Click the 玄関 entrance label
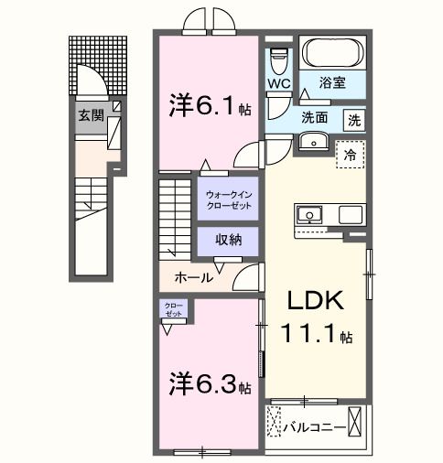(x=90, y=115)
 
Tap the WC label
(x=279, y=83)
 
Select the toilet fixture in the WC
(x=280, y=59)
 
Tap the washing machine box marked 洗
(x=354, y=119)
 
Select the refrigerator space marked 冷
(x=350, y=156)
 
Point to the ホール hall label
(x=194, y=276)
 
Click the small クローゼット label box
(x=174, y=310)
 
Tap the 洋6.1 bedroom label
(x=204, y=104)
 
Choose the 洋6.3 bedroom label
(x=203, y=384)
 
